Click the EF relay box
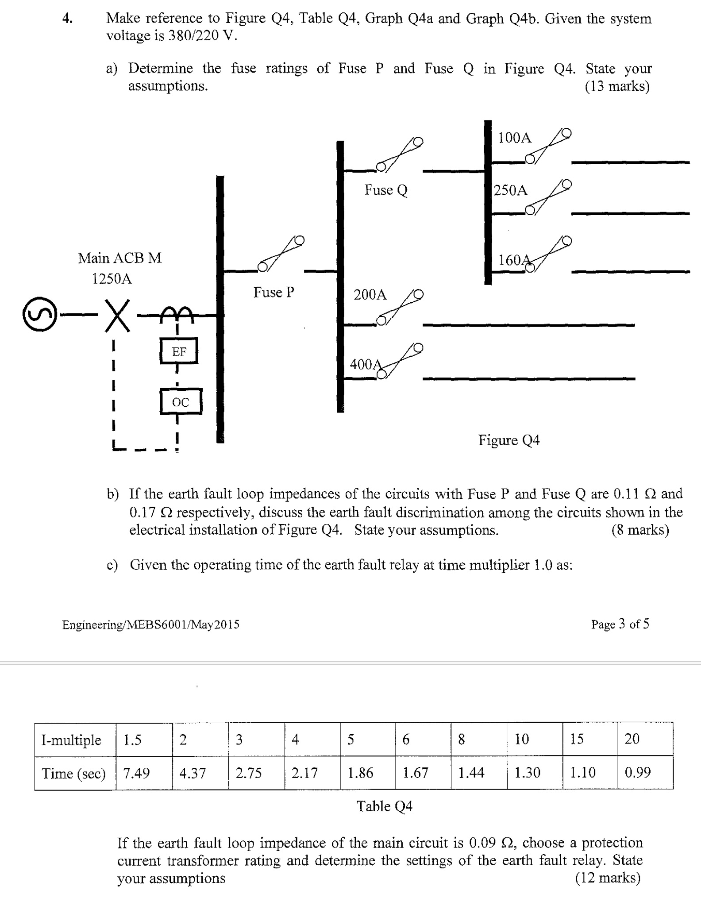pos(179,351)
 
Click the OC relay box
pos(181,402)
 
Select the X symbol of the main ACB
pos(118,315)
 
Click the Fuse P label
pos(273,292)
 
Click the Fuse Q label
pos(385,190)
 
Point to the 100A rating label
pos(514,138)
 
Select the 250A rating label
pos(511,190)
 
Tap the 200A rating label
pos(370,294)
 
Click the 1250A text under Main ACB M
pos(112,279)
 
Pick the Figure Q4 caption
pos(508,440)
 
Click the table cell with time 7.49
pos(136,773)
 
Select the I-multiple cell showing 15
pos(576,739)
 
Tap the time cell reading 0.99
pos(637,772)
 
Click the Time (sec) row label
pos(73,773)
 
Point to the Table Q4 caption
pos(384,806)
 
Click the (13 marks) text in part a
pos(617,86)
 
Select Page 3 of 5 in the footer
pos(620,624)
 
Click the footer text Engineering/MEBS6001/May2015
pos(150,624)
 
